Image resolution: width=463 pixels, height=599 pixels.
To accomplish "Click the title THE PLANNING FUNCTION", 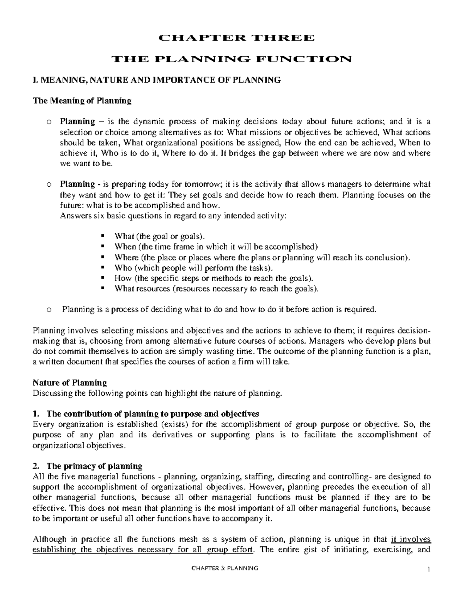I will [231, 59].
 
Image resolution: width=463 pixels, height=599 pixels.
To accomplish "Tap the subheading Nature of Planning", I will [70, 383].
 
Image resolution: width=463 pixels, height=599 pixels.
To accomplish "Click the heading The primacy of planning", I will [94, 466].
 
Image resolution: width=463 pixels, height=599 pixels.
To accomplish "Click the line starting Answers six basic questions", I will [174, 216].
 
